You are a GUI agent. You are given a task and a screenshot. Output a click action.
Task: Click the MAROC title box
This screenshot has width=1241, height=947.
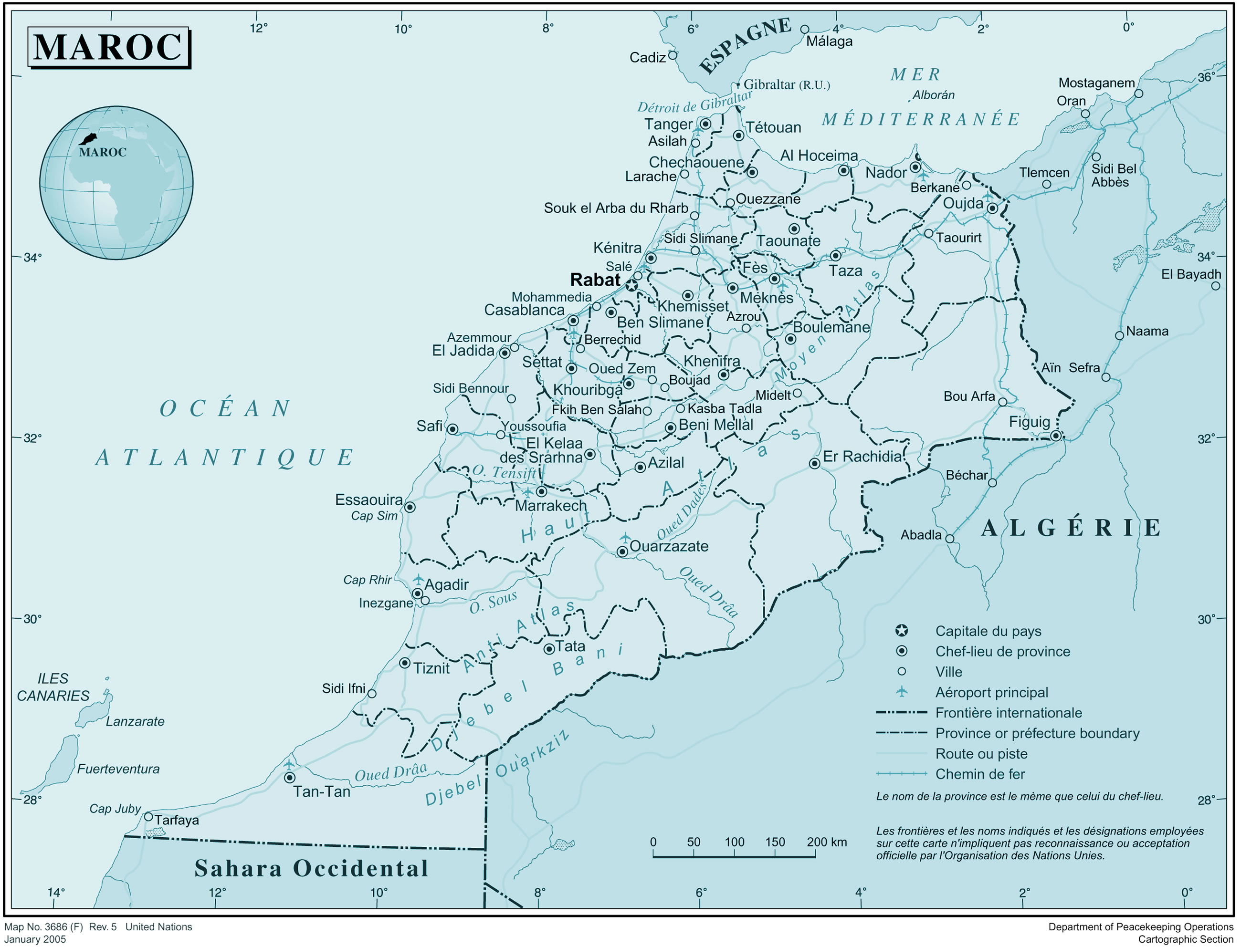(108, 47)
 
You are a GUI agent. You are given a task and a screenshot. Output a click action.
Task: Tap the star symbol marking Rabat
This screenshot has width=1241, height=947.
(632, 286)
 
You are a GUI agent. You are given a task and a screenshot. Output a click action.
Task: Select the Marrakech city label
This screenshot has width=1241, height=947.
(551, 506)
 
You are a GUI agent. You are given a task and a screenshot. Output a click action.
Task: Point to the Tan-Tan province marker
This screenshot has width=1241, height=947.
(289, 778)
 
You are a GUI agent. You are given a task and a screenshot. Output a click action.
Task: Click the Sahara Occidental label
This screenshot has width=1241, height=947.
(311, 869)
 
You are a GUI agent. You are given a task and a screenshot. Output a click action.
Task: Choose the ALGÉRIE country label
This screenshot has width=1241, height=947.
(1071, 528)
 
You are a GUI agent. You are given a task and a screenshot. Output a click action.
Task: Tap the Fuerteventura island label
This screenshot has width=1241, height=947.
(118, 769)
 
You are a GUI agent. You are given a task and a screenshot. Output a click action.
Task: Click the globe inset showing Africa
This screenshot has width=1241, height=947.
(116, 183)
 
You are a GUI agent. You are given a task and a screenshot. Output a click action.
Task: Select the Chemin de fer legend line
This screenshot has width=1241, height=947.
(901, 774)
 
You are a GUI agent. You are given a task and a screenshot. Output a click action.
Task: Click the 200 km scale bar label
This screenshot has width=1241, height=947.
(826, 842)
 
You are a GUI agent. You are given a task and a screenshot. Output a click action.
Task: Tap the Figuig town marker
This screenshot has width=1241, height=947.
(1056, 436)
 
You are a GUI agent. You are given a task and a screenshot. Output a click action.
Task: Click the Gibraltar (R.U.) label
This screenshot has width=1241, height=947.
(787, 84)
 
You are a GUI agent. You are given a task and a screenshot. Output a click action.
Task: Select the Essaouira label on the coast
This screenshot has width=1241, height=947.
(369, 500)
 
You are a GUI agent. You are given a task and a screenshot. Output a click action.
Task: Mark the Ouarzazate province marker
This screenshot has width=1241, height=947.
(622, 552)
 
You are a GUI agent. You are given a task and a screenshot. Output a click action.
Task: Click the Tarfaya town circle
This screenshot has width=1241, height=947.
(149, 817)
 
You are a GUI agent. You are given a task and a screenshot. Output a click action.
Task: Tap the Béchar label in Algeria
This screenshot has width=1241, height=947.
(967, 475)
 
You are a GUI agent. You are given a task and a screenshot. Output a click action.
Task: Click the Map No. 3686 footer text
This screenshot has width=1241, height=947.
(98, 926)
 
